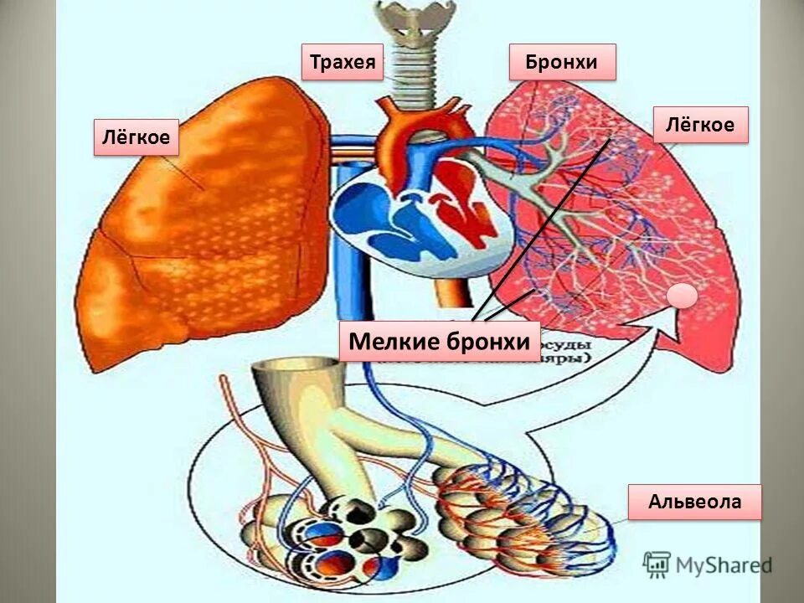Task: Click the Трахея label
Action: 342,62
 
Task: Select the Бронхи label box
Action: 562,62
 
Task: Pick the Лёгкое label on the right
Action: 699,125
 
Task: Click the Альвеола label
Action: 694,502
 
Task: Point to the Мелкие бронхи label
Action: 439,342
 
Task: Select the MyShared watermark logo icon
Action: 657,563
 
